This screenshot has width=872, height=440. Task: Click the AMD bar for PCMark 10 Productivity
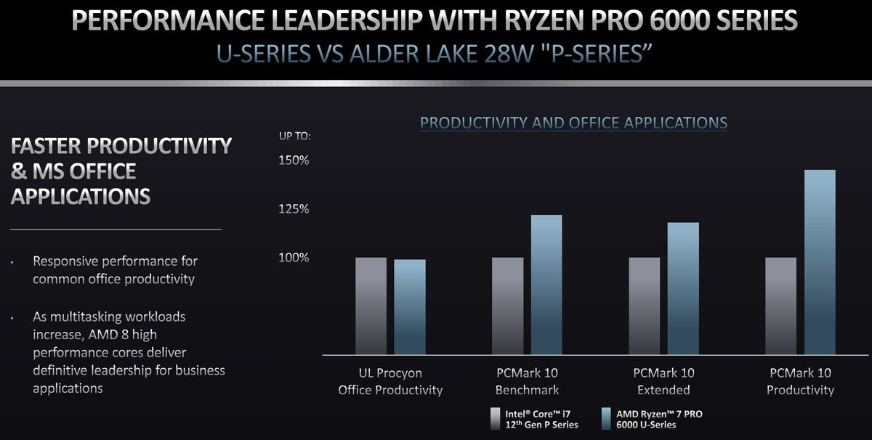(820, 262)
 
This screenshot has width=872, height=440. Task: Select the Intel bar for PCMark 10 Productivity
(780, 306)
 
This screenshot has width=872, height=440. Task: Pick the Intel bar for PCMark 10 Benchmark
(507, 306)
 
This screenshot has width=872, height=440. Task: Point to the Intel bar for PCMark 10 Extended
(644, 306)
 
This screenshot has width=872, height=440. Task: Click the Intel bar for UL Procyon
(371, 306)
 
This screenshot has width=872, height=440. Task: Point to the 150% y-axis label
(294, 160)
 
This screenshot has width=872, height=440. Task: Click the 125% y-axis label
(294, 209)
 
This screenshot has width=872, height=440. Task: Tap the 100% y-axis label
(294, 258)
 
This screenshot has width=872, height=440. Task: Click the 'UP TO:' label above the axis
(295, 136)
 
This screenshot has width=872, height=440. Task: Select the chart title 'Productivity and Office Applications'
(573, 122)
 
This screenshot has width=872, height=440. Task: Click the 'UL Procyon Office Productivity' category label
(390, 381)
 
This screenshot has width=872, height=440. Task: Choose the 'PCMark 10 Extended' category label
(663, 381)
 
